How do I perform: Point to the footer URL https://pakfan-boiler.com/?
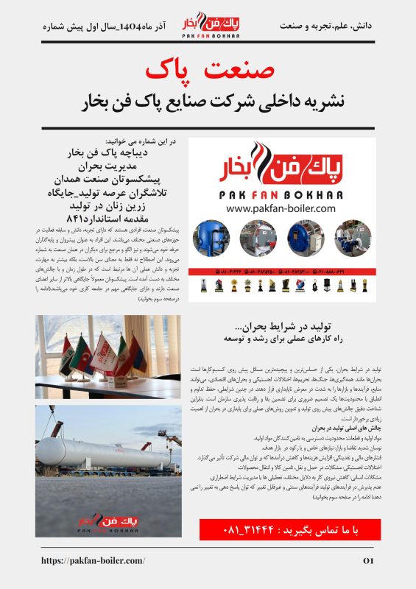click(93, 561)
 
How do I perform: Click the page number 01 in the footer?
click(369, 561)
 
